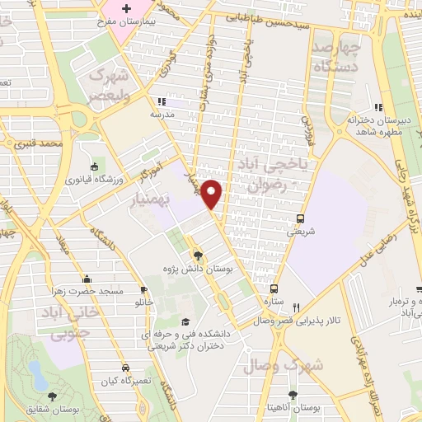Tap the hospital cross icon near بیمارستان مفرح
click(x=125, y=10)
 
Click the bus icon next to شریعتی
click(x=301, y=218)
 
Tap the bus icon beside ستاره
click(x=274, y=288)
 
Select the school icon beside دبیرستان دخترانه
click(x=378, y=107)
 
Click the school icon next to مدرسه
click(x=161, y=101)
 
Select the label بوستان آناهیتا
click(x=305, y=409)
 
